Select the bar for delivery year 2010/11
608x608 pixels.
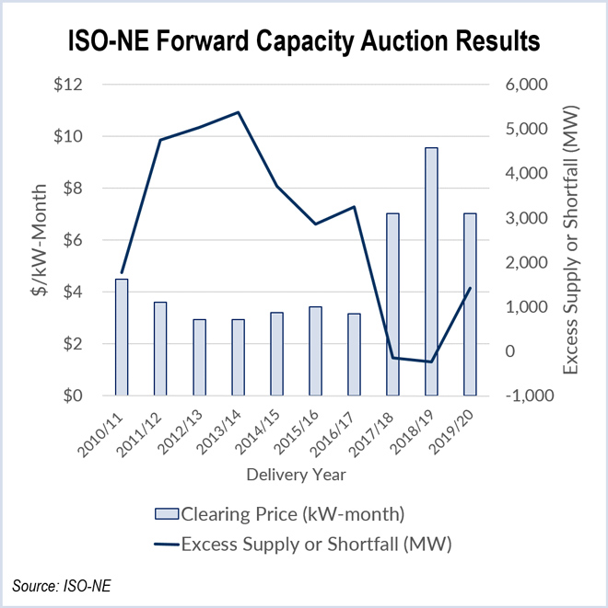[x=121, y=337]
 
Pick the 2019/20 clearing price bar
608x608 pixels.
[x=470, y=304]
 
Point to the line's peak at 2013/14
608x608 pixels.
[x=238, y=112]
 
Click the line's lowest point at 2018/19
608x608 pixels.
[x=431, y=361]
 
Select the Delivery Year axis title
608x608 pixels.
[x=296, y=475]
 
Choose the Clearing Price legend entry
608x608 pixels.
[x=293, y=512]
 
